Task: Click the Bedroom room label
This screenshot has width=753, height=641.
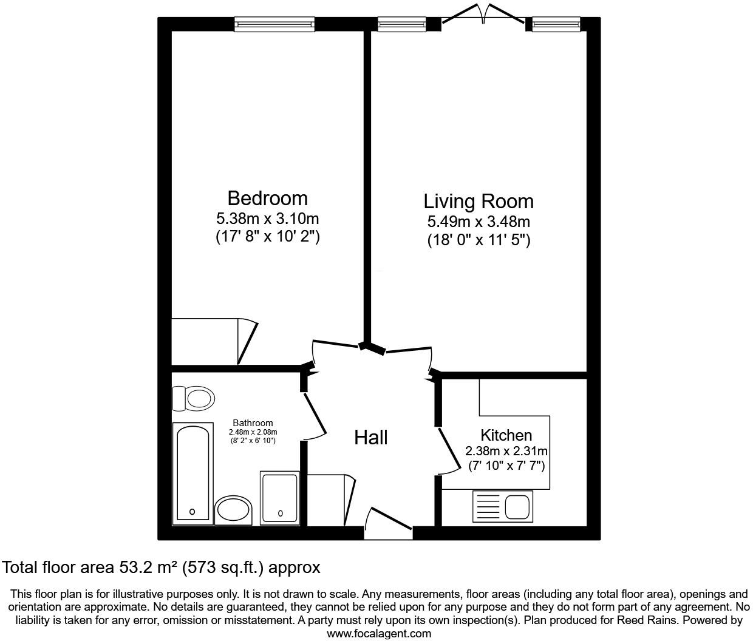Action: (267, 198)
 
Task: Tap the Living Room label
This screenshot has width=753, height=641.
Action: (479, 201)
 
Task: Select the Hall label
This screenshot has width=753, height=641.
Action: (371, 437)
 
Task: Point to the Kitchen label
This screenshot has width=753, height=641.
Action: (506, 435)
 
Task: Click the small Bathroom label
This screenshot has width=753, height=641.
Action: (253, 423)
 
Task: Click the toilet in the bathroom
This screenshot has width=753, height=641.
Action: (194, 399)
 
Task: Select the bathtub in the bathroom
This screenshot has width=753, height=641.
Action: (193, 473)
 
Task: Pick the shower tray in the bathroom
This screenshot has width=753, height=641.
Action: (279, 498)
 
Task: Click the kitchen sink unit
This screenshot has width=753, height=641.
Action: (502, 507)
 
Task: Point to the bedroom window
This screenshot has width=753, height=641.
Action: (274, 24)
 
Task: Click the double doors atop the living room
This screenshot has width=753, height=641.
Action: (483, 15)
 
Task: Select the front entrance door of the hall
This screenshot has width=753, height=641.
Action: (389, 520)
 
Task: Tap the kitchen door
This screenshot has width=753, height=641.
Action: (448, 450)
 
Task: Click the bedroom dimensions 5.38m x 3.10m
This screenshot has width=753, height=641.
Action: (267, 218)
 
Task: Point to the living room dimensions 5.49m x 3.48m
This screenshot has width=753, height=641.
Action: (479, 222)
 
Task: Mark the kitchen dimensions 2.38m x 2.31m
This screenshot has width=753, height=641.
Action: (506, 451)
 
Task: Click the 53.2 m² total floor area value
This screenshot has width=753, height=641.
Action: (147, 568)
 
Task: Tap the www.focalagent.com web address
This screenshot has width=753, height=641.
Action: (379, 634)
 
